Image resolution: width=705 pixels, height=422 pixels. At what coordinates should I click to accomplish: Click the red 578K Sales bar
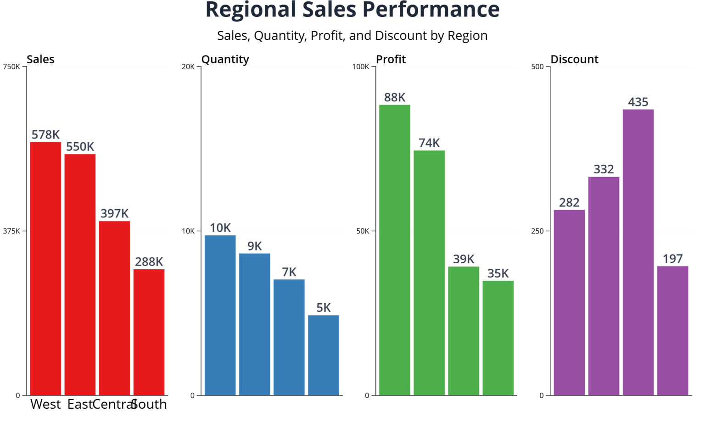pos(45,268)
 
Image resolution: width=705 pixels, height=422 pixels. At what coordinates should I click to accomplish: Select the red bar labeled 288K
pos(149,332)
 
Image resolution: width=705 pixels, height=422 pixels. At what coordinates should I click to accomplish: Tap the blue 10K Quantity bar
pos(220,315)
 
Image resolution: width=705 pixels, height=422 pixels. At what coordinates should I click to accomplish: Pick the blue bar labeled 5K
pos(323,355)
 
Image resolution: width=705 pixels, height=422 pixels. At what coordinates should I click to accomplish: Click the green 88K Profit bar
pos(394,250)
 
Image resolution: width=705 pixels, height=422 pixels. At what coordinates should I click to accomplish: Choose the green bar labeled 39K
pos(464,331)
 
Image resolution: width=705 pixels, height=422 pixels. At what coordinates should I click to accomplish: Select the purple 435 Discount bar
pos(638,252)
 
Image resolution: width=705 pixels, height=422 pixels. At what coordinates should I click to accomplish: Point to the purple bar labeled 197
pos(672,330)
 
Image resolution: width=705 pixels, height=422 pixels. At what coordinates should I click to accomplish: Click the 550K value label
pos(80,147)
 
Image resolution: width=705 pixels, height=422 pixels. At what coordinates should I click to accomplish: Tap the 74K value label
pos(429,143)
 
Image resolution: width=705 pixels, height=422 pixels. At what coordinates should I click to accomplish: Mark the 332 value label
pos(604,169)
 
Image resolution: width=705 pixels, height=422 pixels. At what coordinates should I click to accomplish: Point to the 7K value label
pos(289,272)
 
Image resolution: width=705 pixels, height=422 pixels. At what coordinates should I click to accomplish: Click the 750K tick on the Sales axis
pos(11,67)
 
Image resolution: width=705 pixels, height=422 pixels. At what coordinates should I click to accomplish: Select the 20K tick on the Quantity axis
pos(188,67)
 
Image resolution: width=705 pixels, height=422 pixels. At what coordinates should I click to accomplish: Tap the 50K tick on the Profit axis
pos(363,231)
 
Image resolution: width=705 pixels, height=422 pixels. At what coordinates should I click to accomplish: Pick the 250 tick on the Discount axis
pos(537,231)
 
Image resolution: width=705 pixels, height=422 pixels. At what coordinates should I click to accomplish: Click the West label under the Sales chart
pos(45,404)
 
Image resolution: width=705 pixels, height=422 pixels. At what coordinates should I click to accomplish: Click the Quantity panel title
pos(225,59)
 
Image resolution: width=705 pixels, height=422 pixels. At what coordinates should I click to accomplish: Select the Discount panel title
pos(574,59)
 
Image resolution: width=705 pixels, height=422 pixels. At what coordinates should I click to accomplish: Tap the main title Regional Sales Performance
pos(352,10)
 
